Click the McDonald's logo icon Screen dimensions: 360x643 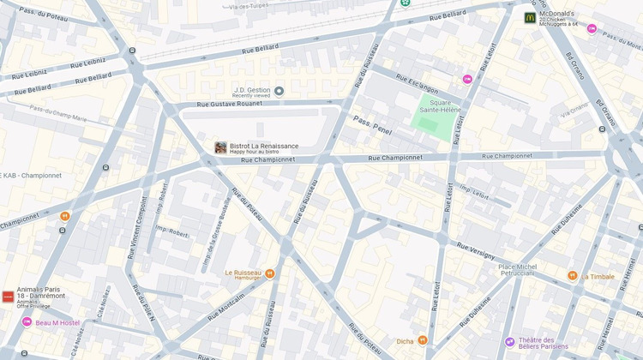[x=531, y=17]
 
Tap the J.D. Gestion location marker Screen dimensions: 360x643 [x=279, y=91]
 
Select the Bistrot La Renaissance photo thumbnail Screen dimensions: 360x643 [x=220, y=147]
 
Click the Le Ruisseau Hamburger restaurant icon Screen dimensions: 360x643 [x=269, y=273]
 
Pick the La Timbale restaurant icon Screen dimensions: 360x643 [x=573, y=275]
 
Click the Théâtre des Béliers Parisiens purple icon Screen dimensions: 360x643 [x=509, y=342]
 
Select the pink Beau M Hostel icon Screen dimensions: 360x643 [x=27, y=321]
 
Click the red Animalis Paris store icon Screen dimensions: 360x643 [x=8, y=296]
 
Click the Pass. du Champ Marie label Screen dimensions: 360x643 [x=59, y=111]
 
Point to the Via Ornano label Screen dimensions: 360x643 [x=574, y=110]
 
